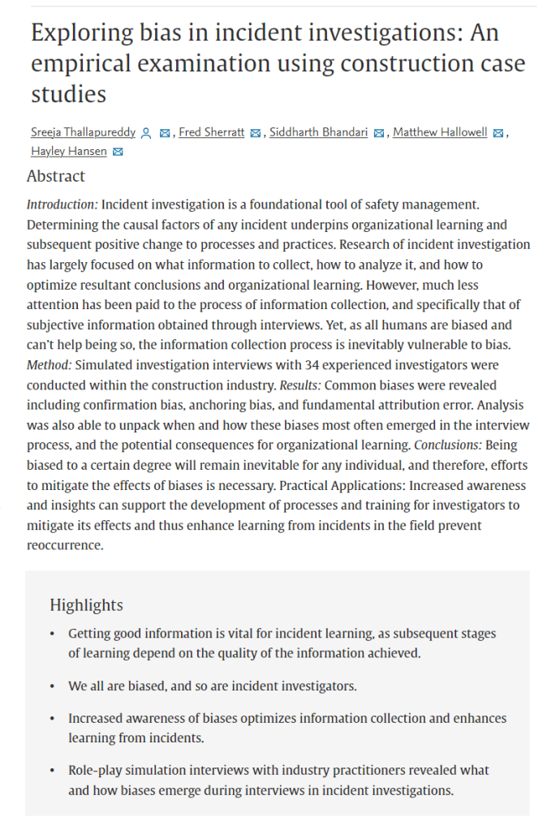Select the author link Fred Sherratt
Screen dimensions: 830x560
[212, 132]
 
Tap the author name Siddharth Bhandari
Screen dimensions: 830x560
[318, 132]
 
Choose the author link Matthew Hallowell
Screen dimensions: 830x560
[441, 132]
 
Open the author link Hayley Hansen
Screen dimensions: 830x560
[68, 152]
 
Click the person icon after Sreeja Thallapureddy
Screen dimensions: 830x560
[146, 133]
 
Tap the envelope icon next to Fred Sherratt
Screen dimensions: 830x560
[256, 133]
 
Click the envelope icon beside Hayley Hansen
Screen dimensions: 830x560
[118, 153]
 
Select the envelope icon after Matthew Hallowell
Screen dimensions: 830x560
[498, 133]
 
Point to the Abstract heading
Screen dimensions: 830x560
[56, 176]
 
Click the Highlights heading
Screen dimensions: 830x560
[86, 605]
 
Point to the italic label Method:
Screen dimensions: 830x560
[51, 366]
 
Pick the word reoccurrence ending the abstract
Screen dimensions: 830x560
[64, 545]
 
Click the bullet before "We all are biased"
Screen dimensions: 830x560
[54, 686]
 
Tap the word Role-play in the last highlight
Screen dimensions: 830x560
[96, 770]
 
